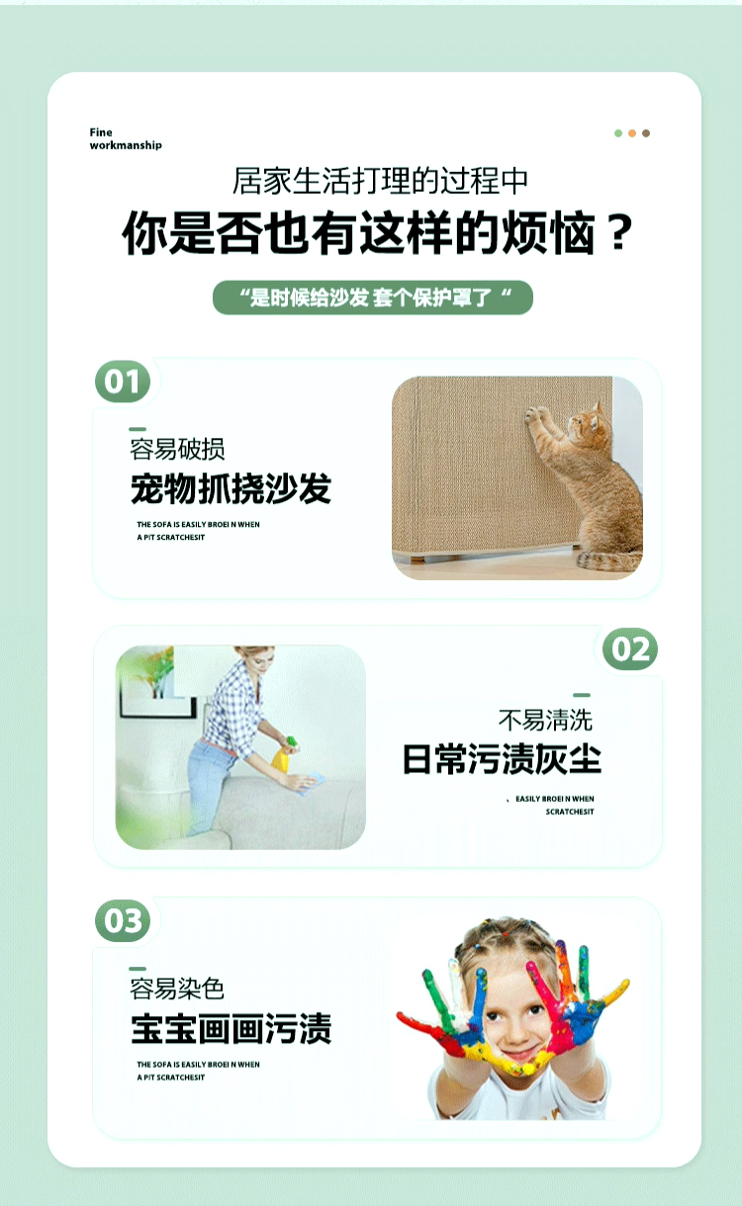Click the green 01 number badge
coord(123,382)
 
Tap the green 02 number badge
coord(630,649)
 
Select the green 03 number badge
coord(123,920)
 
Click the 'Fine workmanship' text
coord(126,139)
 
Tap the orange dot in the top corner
coord(632,133)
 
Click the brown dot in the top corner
coord(646,133)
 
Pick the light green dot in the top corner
coord(618,133)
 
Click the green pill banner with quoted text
coord(373,298)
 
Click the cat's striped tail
coord(608,560)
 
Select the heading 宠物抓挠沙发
coord(232,489)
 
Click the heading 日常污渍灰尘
coord(502,759)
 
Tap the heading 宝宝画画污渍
coord(232,1029)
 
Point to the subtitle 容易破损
coord(177,450)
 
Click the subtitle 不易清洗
coord(545,720)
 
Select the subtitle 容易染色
coord(177,989)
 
